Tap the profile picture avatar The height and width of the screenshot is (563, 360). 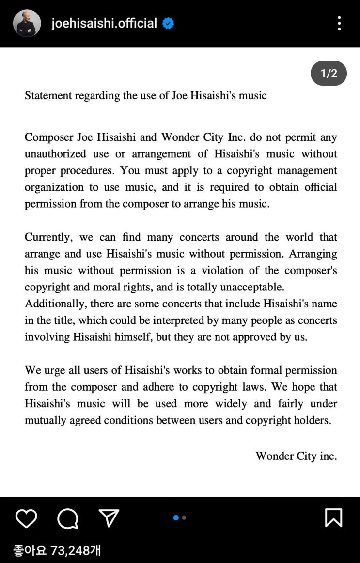27,23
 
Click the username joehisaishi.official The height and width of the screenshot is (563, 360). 104,23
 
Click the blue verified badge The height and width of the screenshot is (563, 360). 168,23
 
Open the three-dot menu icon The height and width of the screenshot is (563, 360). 339,23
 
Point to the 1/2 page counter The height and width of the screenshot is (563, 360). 329,74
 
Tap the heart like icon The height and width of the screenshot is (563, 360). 26,518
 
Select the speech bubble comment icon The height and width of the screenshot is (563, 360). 67,518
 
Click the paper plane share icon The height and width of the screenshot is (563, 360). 109,518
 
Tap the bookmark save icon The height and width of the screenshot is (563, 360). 333,517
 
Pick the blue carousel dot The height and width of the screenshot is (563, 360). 176,518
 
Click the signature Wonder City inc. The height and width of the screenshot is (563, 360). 296,456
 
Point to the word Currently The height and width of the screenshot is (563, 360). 48,237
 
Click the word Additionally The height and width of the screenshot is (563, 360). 54,304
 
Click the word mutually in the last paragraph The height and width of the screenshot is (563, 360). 45,420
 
